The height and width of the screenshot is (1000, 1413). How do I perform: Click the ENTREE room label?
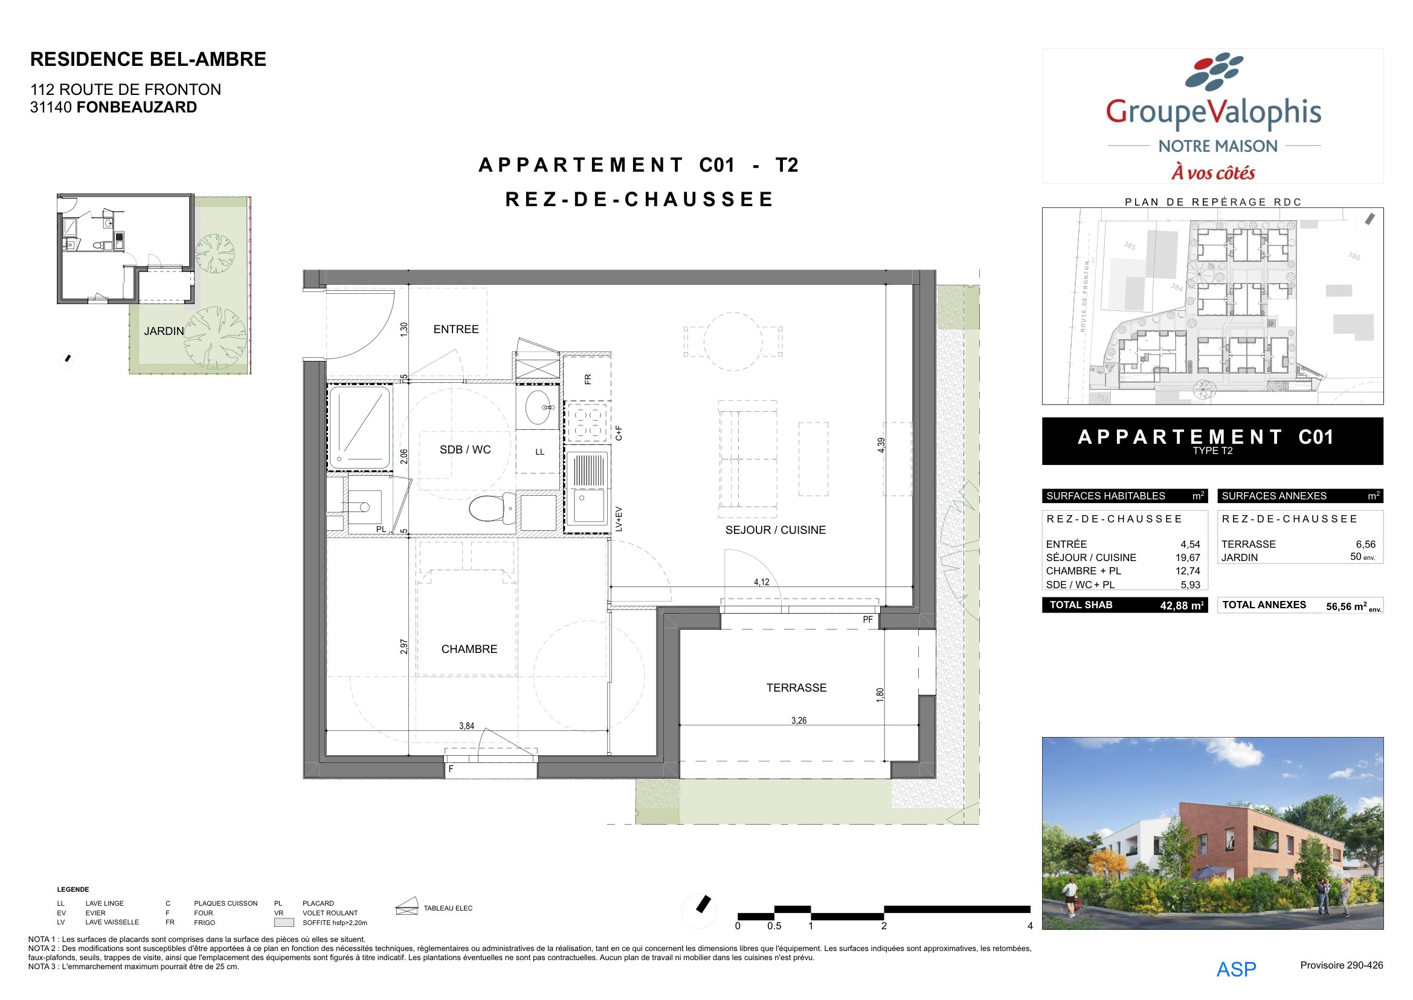[x=455, y=330]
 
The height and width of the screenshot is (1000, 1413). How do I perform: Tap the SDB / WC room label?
[x=465, y=449]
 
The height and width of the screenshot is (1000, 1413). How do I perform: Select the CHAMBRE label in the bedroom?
[x=469, y=649]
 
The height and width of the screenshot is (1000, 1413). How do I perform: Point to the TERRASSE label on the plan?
[x=796, y=688]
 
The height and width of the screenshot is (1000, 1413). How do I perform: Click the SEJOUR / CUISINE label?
[x=776, y=530]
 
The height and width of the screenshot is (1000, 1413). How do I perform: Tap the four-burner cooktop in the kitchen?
[x=588, y=423]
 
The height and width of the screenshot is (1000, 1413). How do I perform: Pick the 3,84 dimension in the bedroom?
[x=466, y=726]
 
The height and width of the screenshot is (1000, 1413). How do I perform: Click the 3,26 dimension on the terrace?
[x=799, y=721]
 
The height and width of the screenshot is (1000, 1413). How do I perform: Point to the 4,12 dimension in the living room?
[x=761, y=582]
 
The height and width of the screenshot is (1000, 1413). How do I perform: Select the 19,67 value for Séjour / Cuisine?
[x=1188, y=558]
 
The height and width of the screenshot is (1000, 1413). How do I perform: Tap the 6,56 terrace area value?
[x=1366, y=544]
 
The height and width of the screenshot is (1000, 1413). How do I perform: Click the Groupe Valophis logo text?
[x=1213, y=112]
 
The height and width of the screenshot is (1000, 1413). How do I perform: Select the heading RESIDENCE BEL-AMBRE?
[x=149, y=59]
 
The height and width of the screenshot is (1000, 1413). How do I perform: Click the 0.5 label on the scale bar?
[x=774, y=926]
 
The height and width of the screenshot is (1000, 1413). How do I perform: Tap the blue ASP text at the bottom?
[x=1236, y=970]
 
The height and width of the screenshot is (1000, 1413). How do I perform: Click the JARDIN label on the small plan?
[x=164, y=331]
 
